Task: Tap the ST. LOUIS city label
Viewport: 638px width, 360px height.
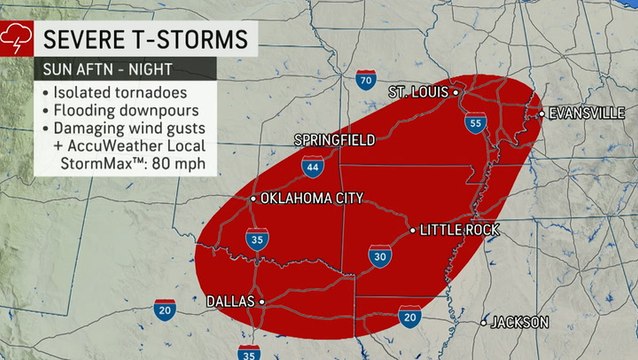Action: pyautogui.click(x=419, y=92)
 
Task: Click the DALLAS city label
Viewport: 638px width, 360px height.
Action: pyautogui.click(x=229, y=300)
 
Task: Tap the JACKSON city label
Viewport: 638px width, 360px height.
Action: pyautogui.click(x=519, y=322)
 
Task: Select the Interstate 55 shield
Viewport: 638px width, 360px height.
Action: pyautogui.click(x=475, y=124)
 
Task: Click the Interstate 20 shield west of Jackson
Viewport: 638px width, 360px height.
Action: pyautogui.click(x=409, y=316)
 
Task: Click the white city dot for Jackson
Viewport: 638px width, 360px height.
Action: pyautogui.click(x=484, y=322)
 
